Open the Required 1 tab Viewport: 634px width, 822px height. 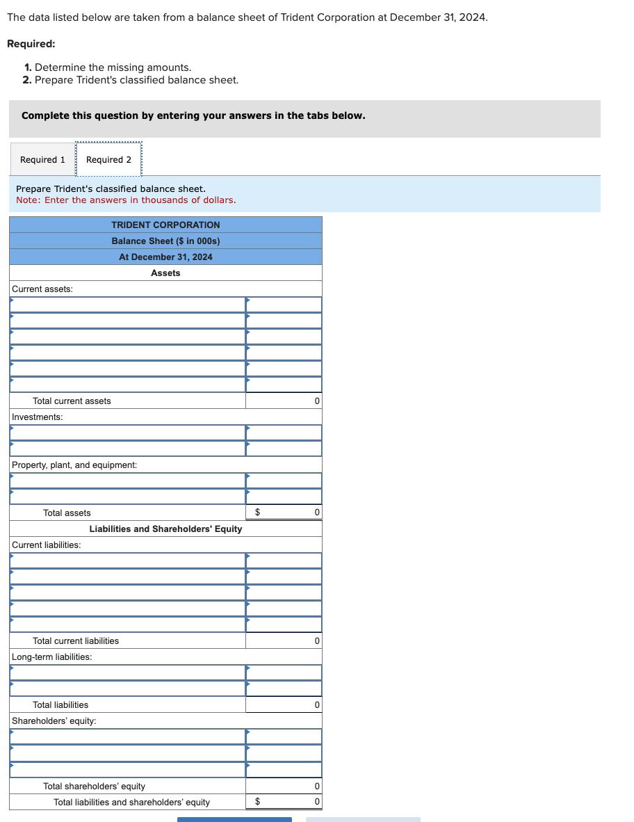42,160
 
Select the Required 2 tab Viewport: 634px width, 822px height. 108,160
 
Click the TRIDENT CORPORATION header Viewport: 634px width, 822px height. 165,225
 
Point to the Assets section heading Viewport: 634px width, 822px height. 165,273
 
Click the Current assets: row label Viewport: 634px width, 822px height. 42,289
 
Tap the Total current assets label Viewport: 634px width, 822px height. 72,401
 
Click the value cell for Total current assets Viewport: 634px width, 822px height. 284,401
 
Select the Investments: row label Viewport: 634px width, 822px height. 38,417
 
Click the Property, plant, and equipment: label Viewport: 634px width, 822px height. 74,465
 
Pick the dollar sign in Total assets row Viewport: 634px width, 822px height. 258,513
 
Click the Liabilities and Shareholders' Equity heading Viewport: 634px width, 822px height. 165,529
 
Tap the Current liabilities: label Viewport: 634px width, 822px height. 46,545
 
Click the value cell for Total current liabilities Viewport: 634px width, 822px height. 284,641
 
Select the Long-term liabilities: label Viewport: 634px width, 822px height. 52,657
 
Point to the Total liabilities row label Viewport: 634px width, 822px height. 60,705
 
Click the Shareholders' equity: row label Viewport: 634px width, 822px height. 54,721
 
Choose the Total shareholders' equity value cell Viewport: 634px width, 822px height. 284,787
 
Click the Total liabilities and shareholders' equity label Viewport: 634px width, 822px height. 131,803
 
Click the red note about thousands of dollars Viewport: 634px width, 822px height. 126,200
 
